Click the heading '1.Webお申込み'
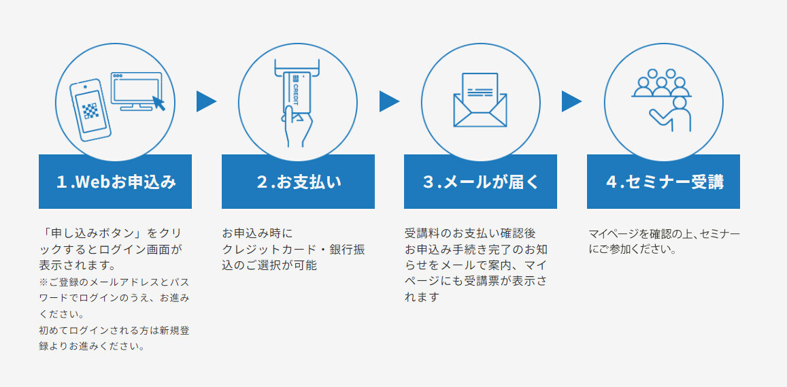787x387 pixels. (x=116, y=182)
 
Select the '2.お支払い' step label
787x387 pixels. (x=299, y=182)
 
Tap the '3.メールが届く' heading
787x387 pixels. (x=481, y=182)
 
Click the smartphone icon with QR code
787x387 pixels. (x=90, y=110)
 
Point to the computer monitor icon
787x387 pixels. (x=136, y=91)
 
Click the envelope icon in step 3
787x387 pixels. (x=480, y=110)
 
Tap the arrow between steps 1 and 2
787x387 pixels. (x=206, y=101)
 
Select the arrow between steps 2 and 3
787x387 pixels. (x=390, y=101)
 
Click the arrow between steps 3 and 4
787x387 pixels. (x=571, y=101)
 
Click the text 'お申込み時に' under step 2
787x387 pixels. (x=257, y=233)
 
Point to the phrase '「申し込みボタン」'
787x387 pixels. (x=93, y=233)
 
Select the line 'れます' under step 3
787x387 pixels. (x=422, y=297)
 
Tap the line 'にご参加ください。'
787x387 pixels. (x=633, y=250)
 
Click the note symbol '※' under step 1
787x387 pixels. (x=44, y=282)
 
